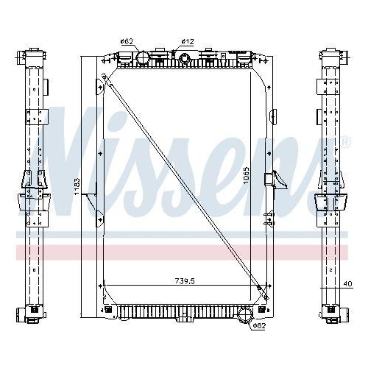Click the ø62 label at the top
click(x=126, y=41)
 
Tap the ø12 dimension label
click(x=188, y=41)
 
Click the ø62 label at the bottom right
click(x=259, y=325)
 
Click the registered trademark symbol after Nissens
click(x=345, y=141)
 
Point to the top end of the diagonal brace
click(x=105, y=75)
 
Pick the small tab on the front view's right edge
click(x=272, y=116)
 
